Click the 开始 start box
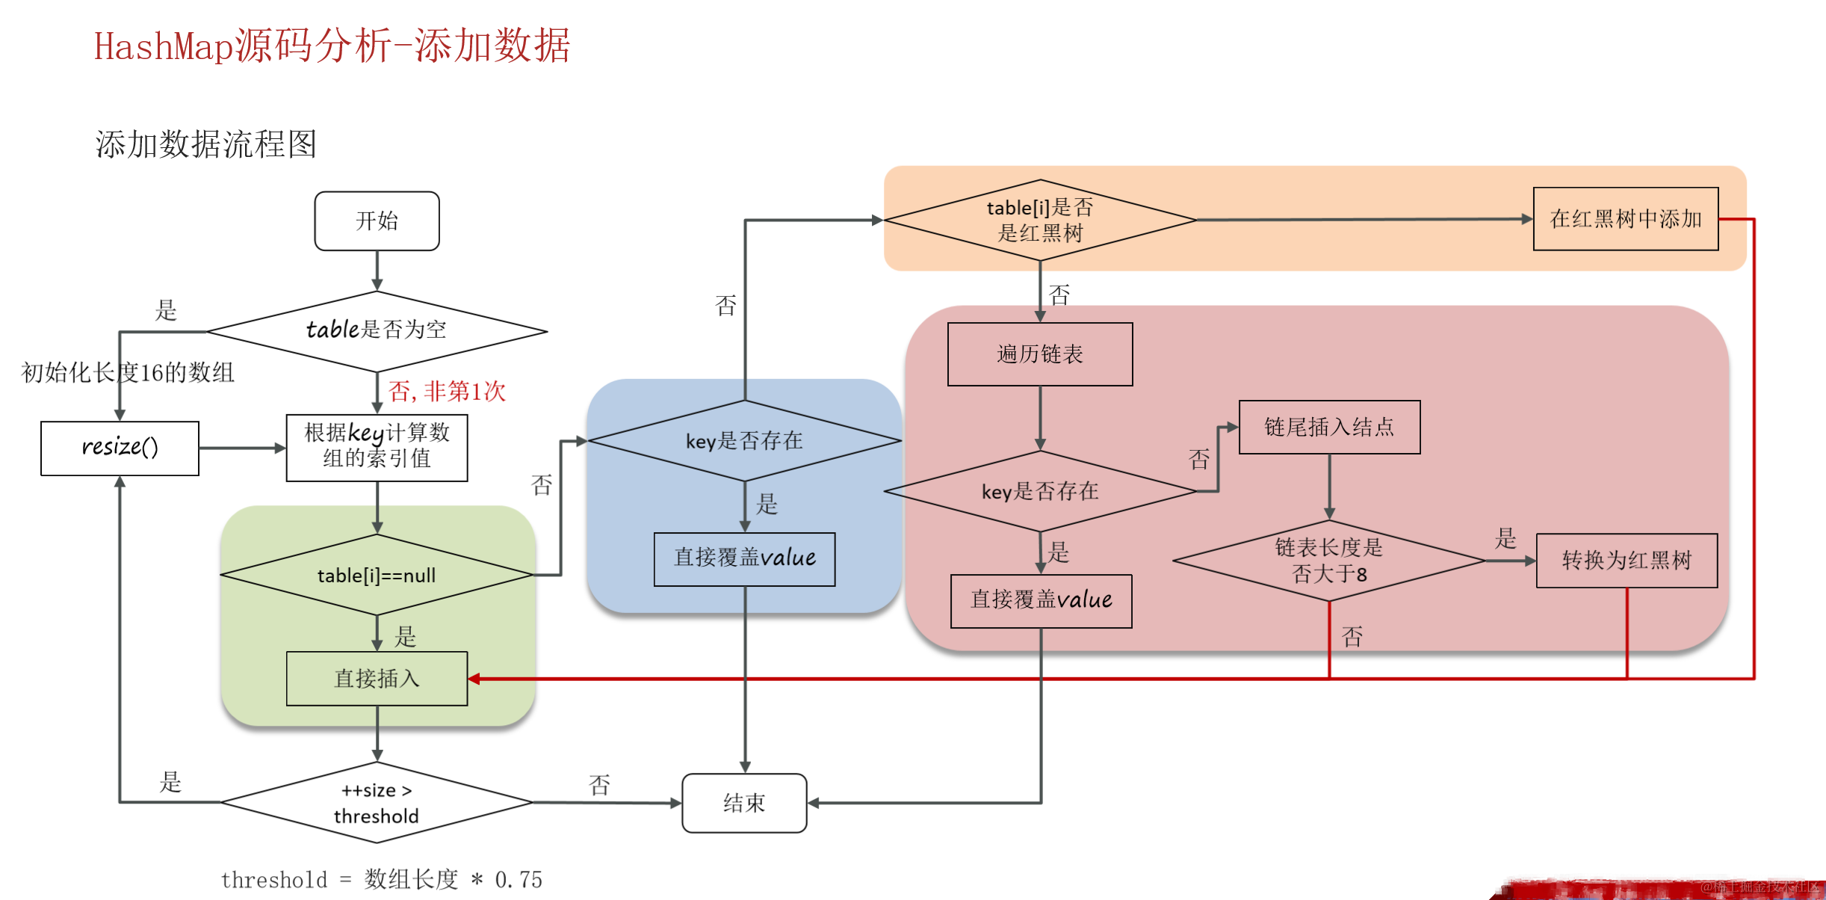[x=377, y=221]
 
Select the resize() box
[x=120, y=448]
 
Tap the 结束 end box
[x=744, y=803]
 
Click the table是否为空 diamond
[x=377, y=330]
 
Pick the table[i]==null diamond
[x=377, y=575]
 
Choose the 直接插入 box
[x=377, y=679]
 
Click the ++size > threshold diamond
[x=377, y=803]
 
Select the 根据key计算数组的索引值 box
[x=377, y=446]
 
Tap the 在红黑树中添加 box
[x=1626, y=219]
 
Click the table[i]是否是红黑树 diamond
[x=1039, y=221]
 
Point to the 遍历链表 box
[x=1039, y=354]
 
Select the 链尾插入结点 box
[x=1329, y=427]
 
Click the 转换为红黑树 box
[x=1627, y=561]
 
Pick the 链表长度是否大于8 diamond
[x=1329, y=561]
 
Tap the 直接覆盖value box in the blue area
[x=744, y=558]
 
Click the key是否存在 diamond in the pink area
[x=1039, y=491]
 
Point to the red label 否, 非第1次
[x=447, y=391]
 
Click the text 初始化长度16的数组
[x=128, y=372]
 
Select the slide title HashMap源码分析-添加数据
[x=332, y=46]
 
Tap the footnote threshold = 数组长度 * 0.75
[x=381, y=880]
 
